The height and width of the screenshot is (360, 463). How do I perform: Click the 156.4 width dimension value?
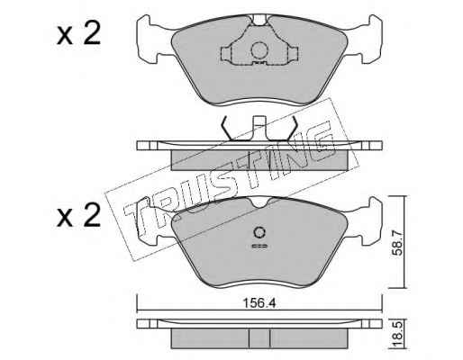259,303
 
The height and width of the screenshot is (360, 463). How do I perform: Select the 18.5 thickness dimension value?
397,335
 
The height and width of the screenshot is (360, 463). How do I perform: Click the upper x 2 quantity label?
78,34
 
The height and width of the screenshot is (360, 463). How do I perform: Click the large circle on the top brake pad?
259,50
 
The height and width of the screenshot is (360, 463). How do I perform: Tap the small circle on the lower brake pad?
259,232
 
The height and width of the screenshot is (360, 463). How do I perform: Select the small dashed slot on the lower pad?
259,247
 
